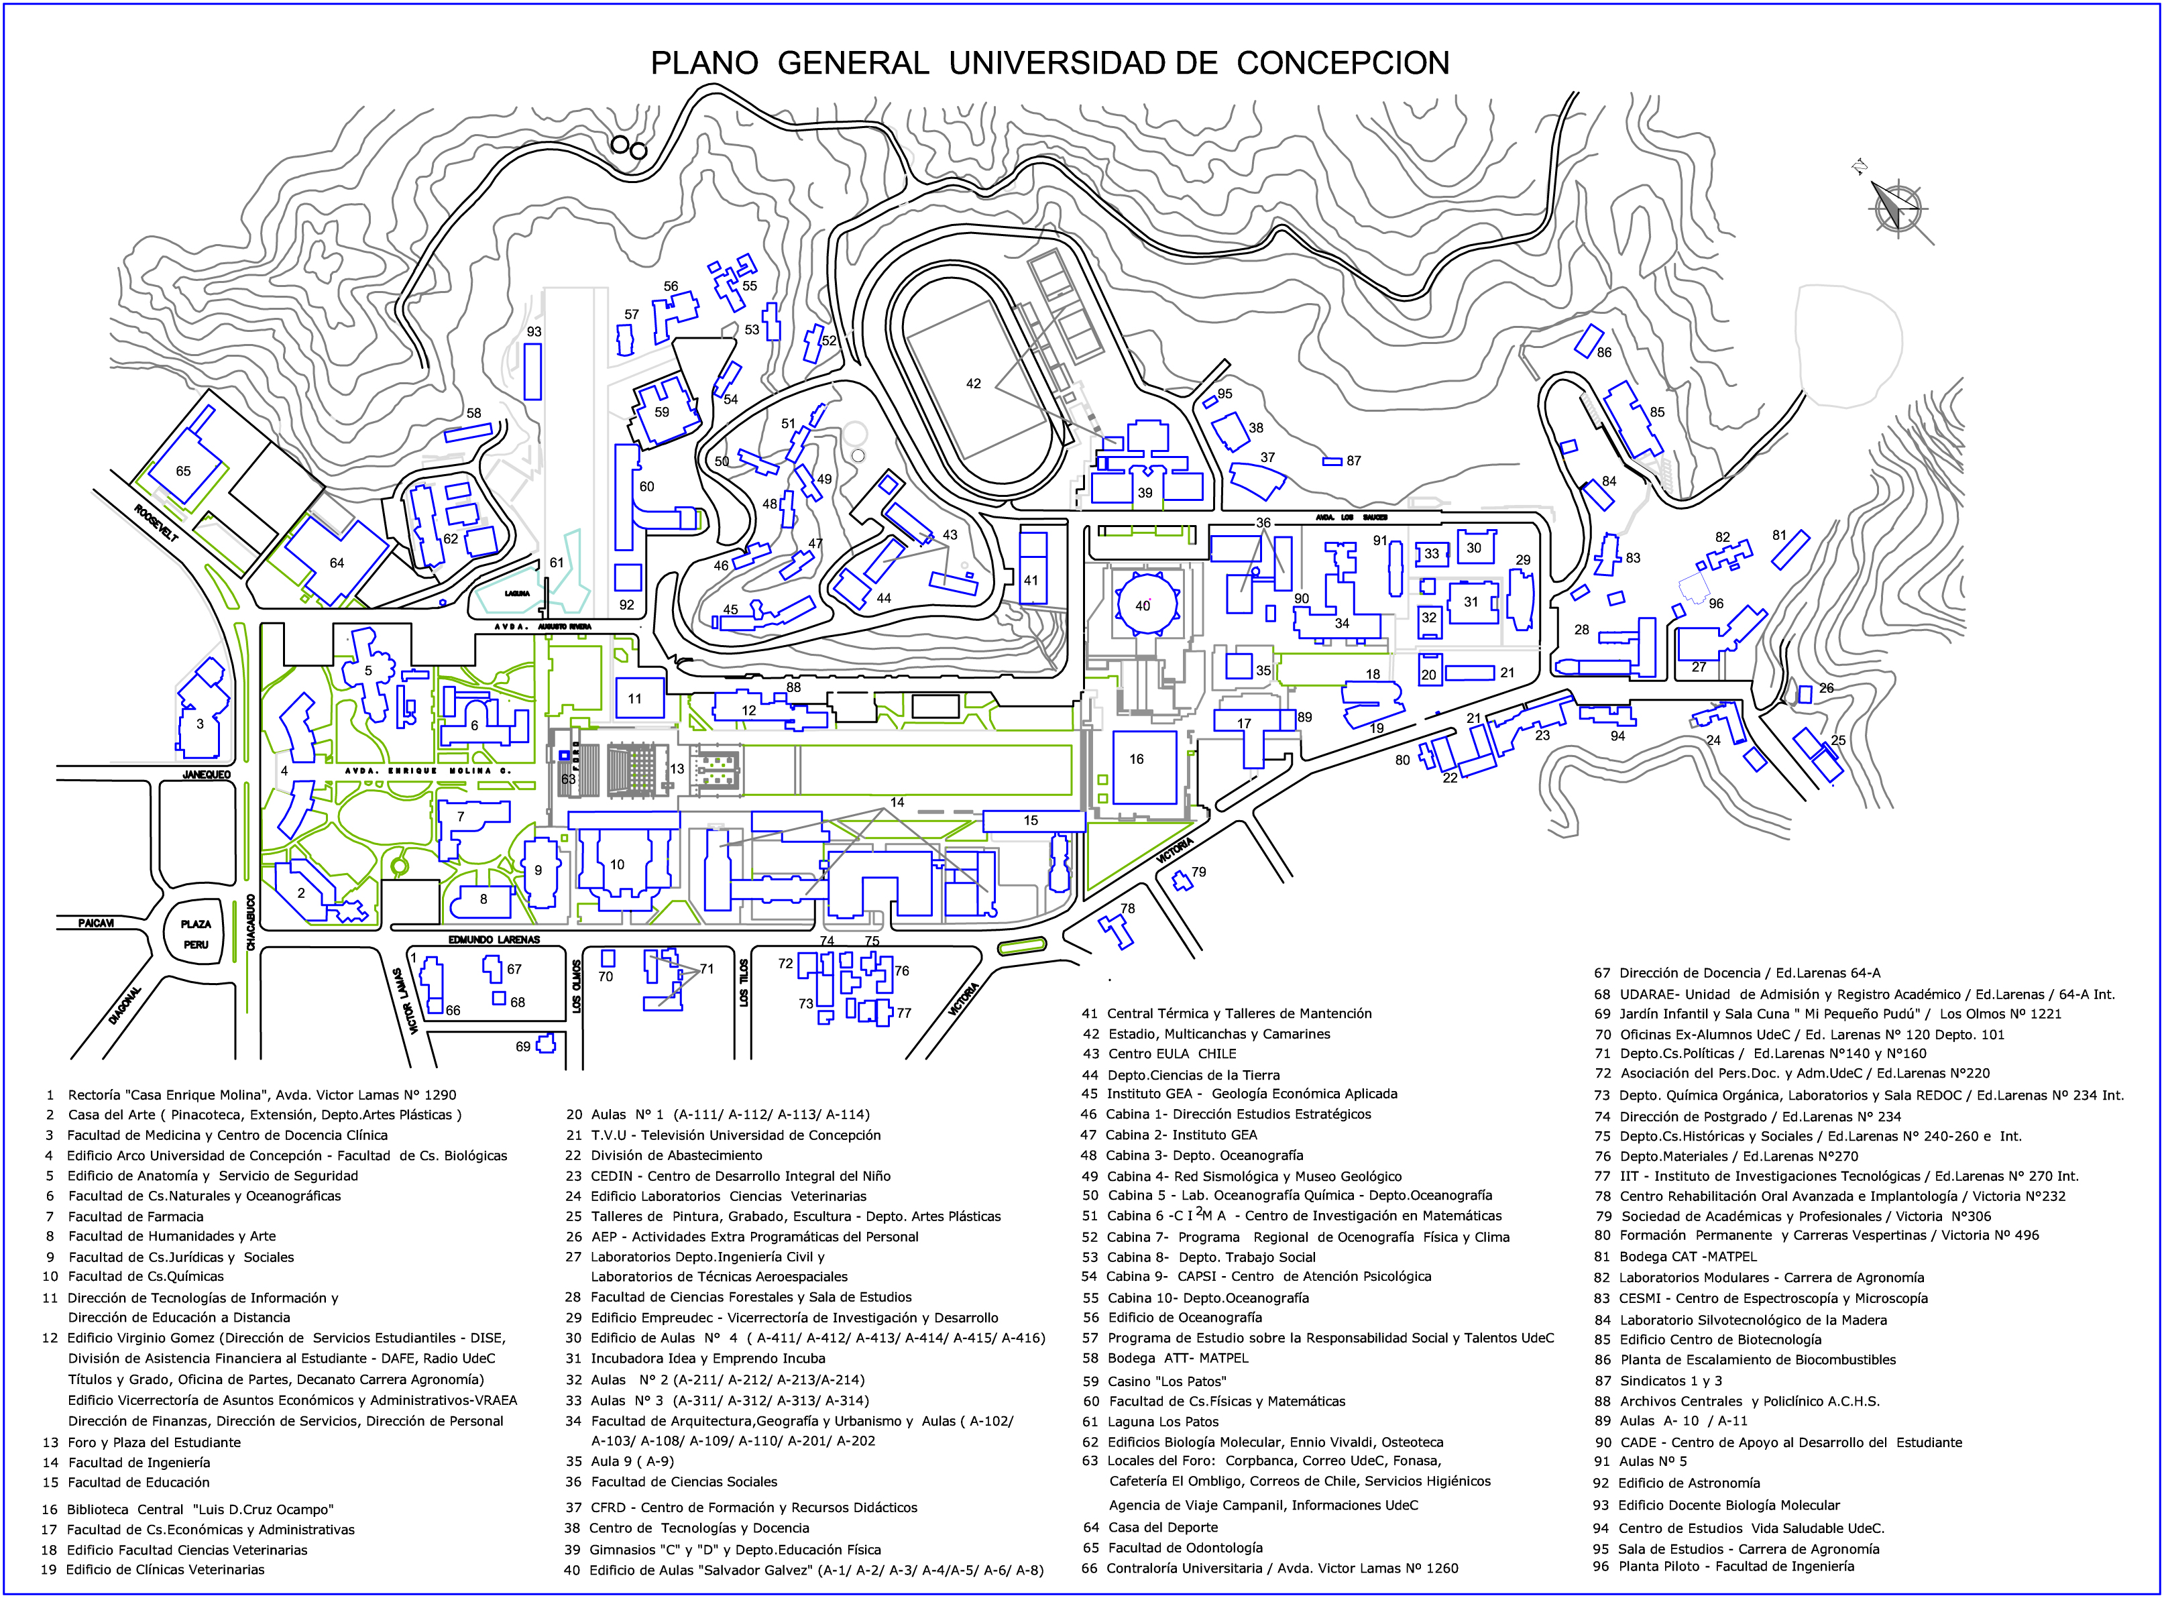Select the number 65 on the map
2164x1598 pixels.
point(184,471)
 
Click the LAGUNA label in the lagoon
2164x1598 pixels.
point(516,593)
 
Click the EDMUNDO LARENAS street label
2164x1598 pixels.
point(494,939)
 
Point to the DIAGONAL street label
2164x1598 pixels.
point(126,1006)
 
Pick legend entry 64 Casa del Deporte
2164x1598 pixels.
point(1150,1528)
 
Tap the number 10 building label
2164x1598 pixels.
point(617,865)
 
